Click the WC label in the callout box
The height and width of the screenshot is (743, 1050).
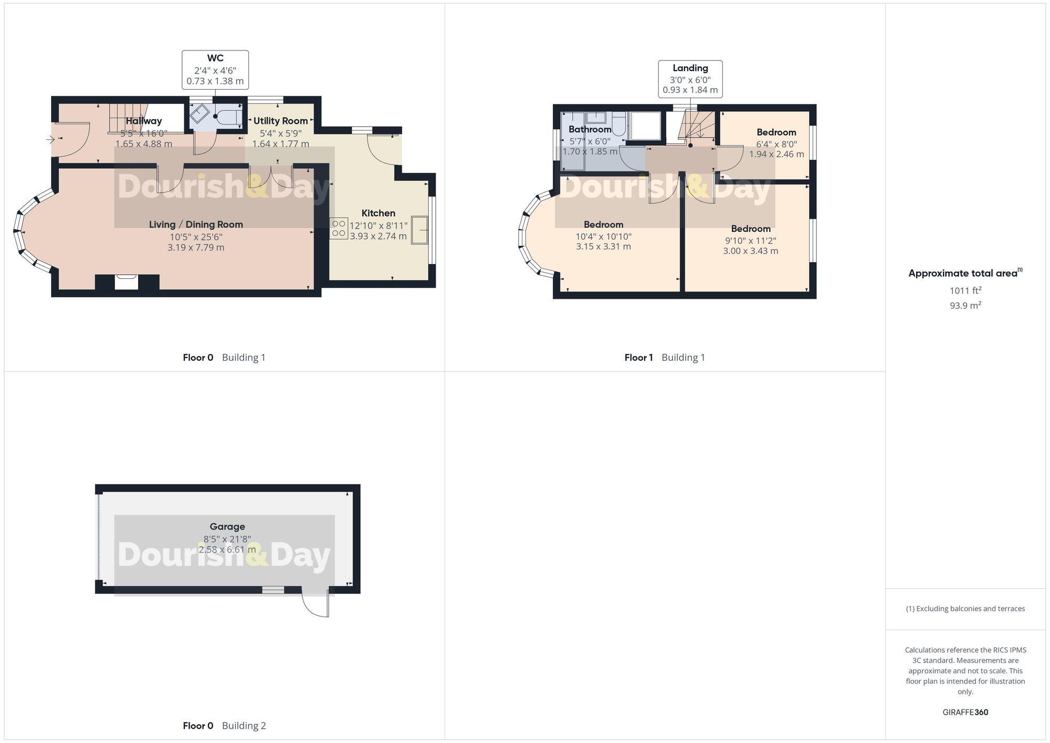(x=215, y=58)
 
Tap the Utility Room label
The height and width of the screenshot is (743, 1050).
(x=280, y=121)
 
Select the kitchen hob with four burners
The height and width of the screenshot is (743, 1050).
(x=339, y=228)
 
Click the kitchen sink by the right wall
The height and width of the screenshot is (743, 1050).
(x=419, y=230)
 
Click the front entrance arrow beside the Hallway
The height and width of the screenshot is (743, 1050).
(x=51, y=139)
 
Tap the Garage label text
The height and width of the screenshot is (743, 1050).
(x=227, y=527)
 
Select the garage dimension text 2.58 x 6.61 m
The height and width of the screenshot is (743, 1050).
(x=227, y=550)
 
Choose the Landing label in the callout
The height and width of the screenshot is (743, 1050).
(x=690, y=68)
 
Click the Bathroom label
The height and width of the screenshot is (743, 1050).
(x=590, y=129)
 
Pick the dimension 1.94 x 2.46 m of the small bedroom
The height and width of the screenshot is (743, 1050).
(x=776, y=154)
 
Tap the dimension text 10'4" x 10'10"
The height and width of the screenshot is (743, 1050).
(x=603, y=236)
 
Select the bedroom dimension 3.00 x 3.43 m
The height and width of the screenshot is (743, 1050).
(x=751, y=251)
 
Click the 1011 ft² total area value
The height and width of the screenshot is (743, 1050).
(x=965, y=290)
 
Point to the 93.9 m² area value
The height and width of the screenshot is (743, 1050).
(x=965, y=305)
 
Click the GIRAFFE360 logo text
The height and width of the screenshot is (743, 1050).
(x=965, y=712)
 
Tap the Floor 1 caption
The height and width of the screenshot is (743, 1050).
(x=638, y=358)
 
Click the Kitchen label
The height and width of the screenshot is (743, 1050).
(x=378, y=213)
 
